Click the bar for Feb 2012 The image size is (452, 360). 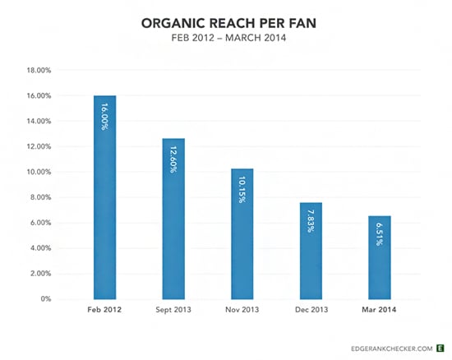(x=104, y=197)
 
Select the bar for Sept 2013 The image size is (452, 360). (x=173, y=219)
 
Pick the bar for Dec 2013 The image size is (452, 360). (x=311, y=250)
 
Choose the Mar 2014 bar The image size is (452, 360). (x=380, y=257)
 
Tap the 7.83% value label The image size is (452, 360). (x=311, y=220)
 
